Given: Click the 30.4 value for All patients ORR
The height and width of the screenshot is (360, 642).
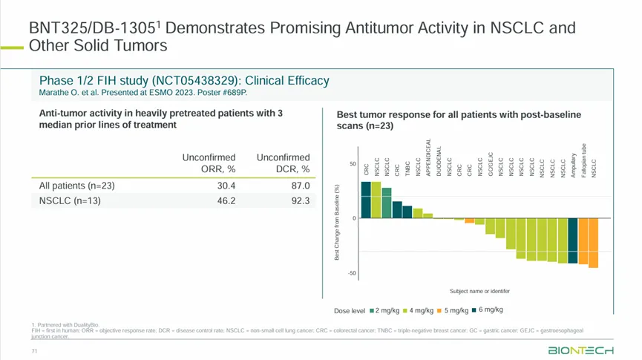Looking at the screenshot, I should click(225, 186).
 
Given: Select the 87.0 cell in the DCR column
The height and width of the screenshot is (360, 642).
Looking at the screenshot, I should click(299, 186).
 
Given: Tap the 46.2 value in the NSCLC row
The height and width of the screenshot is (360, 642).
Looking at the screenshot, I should click(225, 200).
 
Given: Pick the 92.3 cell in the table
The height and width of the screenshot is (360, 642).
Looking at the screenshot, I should click(299, 200).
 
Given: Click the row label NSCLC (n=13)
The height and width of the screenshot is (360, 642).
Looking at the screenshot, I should click(70, 200).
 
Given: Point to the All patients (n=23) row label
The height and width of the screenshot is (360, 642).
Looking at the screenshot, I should click(77, 186).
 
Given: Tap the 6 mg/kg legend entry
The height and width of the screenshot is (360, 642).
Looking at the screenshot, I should click(491, 310).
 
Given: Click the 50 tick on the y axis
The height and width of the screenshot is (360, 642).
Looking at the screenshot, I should click(353, 164).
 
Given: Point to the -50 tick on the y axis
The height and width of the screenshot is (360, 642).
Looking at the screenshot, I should click(353, 273).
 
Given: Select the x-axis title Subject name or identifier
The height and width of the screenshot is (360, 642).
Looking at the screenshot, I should click(479, 291).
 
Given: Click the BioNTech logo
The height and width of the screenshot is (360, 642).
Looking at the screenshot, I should click(580, 350).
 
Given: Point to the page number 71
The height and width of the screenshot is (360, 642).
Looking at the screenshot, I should click(34, 350).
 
